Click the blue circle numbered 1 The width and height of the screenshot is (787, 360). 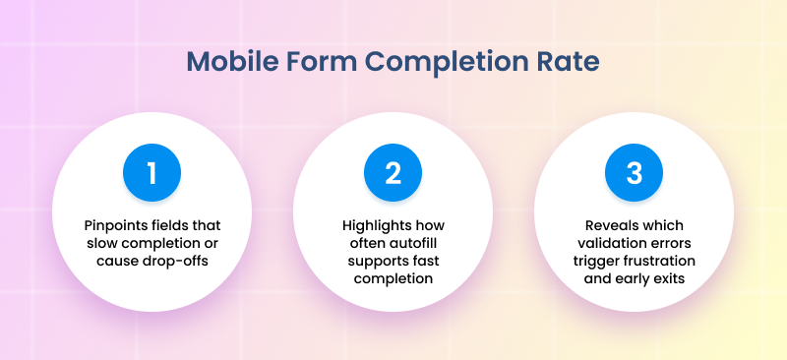(152, 173)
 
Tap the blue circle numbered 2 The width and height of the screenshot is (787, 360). (393, 173)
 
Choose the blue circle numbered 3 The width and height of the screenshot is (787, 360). (634, 173)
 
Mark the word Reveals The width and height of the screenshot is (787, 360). (607, 225)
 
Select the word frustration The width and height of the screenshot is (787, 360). (656, 261)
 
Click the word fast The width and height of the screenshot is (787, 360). (423, 261)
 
